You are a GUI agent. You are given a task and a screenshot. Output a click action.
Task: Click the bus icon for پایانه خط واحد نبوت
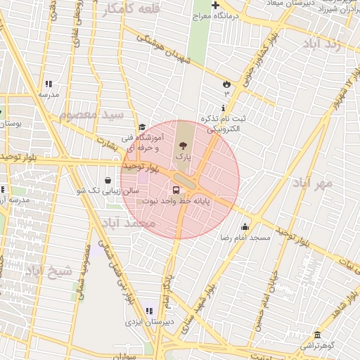point(176,189)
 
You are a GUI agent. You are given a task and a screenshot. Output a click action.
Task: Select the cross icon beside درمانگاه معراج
point(215,6)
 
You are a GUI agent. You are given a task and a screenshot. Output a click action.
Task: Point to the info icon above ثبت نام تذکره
point(223,108)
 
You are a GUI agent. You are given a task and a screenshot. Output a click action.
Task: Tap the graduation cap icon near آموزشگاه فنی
point(142,127)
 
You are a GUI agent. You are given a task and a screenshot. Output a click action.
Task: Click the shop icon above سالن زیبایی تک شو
point(107,179)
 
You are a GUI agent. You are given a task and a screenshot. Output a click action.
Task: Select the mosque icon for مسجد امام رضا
point(245,227)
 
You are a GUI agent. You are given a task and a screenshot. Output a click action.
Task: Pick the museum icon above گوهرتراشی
point(318,335)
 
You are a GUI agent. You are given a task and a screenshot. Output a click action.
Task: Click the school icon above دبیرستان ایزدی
point(148,311)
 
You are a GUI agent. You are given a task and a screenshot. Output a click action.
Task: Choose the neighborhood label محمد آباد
point(128,223)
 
